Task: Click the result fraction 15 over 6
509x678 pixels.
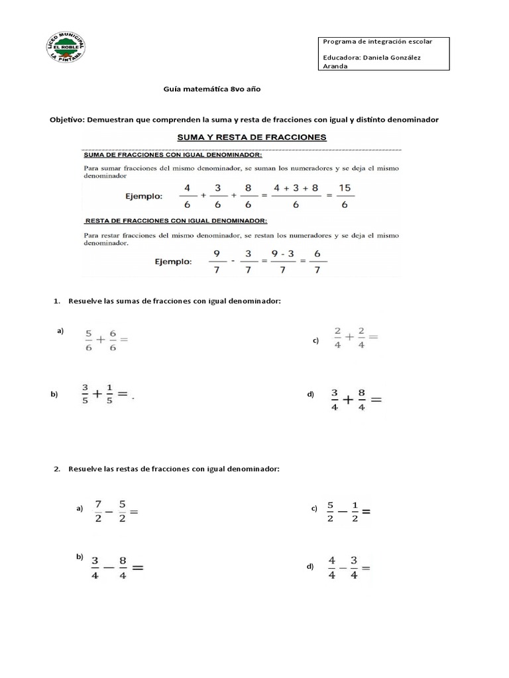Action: pos(345,197)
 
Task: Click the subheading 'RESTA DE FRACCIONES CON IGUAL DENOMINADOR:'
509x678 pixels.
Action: pos(176,220)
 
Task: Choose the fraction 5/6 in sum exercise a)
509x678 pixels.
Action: pos(89,341)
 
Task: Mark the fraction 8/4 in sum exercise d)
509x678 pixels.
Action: pos(361,399)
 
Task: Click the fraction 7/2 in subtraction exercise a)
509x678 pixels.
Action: pos(97,511)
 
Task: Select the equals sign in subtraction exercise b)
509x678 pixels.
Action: pos(139,567)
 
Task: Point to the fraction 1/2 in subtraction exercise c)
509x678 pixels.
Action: pos(355,512)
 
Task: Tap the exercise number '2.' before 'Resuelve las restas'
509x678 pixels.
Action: pos(57,469)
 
